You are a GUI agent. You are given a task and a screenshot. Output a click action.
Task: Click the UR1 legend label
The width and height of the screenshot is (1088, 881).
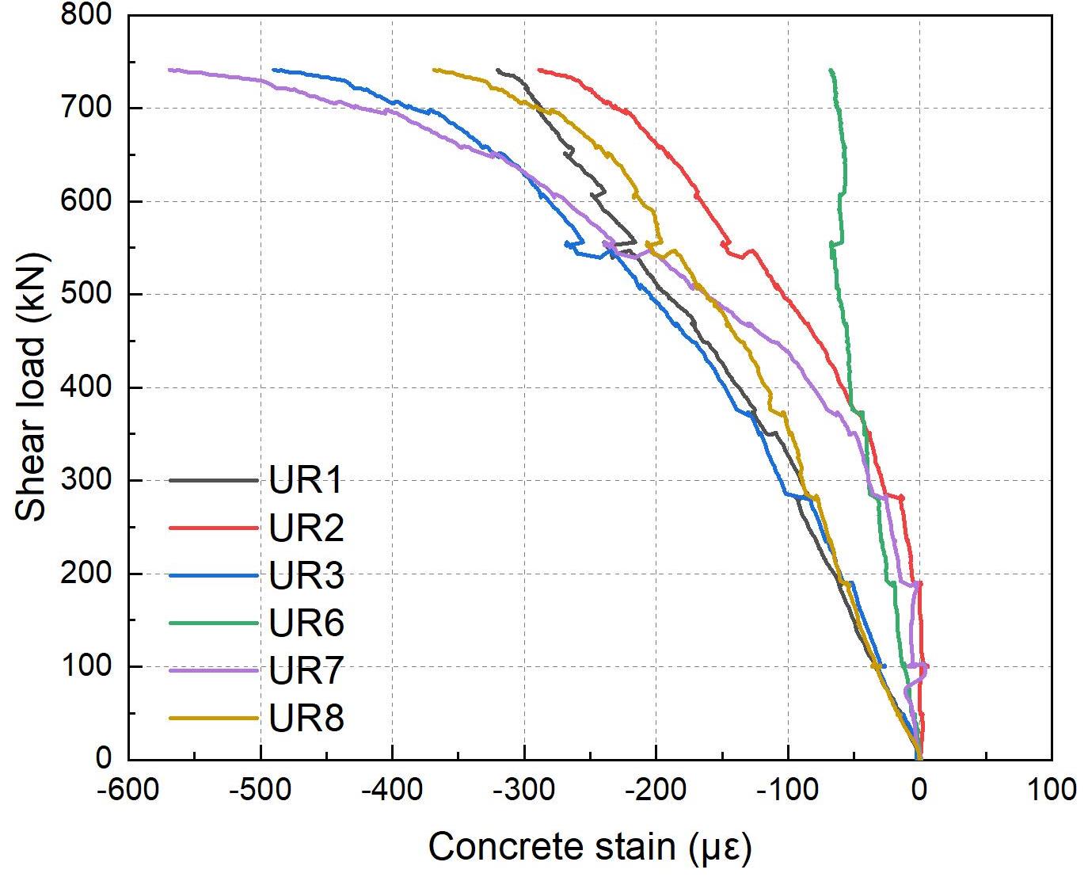point(306,481)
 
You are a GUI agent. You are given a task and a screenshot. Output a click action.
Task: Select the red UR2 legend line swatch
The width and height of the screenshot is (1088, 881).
point(214,528)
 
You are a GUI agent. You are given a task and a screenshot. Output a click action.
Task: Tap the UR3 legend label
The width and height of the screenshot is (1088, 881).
point(306,576)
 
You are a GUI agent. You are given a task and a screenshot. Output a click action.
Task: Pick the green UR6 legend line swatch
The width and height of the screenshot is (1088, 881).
point(214,624)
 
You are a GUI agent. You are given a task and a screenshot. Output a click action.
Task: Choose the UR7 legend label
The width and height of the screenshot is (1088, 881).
point(306,671)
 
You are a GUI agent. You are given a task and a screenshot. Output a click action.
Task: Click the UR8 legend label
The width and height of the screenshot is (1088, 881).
point(306,719)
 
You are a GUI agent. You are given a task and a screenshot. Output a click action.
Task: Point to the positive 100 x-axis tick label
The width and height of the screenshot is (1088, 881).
point(1051,790)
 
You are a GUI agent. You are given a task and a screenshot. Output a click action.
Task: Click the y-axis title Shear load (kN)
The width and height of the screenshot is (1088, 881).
point(32,387)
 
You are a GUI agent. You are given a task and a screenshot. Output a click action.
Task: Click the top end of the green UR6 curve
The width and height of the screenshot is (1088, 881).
point(830,71)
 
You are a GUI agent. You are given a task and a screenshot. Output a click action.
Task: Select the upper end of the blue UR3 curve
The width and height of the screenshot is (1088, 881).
point(273,70)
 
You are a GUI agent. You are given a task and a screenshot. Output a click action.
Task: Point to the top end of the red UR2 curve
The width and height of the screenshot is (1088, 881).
point(539,70)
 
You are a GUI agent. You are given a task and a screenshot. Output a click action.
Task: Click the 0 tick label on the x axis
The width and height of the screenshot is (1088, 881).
point(919,790)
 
